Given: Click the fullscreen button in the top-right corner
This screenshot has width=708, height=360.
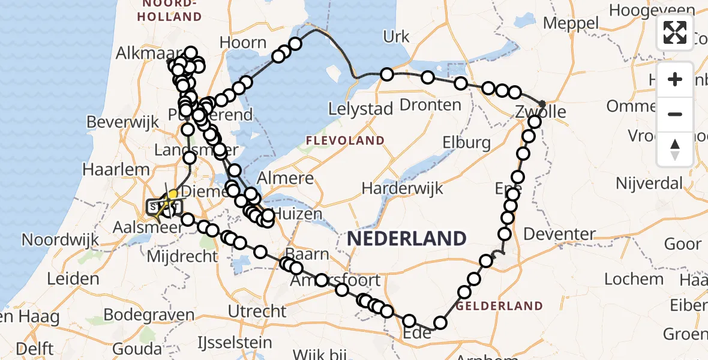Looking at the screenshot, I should click(675, 32).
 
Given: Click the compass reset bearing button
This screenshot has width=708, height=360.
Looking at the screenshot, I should click(675, 149).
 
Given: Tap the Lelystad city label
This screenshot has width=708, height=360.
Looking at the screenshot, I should click(361, 109).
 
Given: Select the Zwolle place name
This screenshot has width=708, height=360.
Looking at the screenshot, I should click(541, 112).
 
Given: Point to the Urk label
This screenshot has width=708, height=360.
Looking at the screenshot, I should click(396, 37).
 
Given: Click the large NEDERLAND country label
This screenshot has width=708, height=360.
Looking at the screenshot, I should click(406, 238).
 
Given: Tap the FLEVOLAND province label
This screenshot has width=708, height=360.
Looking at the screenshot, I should click(345, 140).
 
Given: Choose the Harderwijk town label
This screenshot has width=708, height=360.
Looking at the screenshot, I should click(403, 188).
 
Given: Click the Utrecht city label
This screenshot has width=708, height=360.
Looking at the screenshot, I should click(258, 311).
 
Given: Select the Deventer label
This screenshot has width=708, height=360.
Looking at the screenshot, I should click(560, 234).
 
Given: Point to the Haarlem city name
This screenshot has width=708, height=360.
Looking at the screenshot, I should click(125, 170).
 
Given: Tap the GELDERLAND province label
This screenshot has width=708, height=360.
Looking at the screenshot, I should click(499, 306).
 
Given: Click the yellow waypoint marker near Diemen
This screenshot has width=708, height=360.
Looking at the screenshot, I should click(173, 194).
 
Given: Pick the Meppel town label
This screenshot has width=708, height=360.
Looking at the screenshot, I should click(571, 23).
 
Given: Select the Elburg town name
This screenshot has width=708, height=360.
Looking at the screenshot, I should click(466, 143).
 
